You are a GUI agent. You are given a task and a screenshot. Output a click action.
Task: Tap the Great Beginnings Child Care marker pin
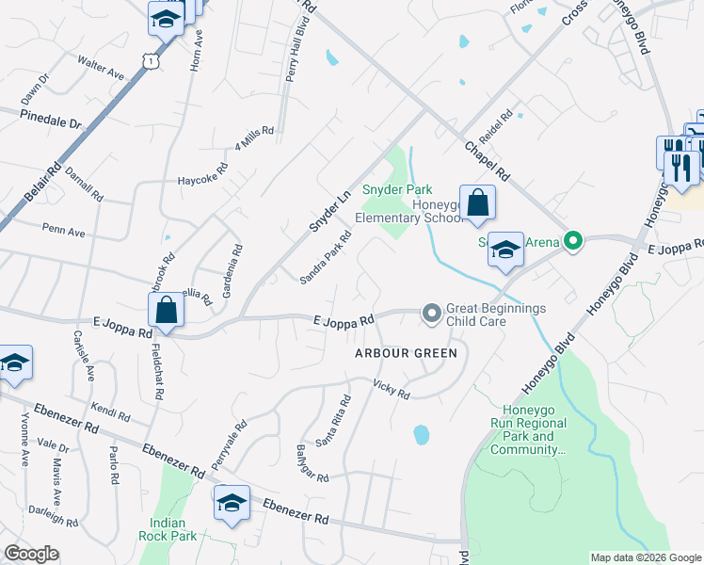[x=432, y=313]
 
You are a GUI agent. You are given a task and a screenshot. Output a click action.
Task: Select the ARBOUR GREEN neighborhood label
[x=406, y=353]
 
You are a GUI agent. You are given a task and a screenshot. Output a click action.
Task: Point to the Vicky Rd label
[x=392, y=388]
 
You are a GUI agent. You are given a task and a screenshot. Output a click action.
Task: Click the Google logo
[x=31, y=554]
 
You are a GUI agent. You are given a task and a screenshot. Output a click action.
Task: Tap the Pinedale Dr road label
[x=52, y=119]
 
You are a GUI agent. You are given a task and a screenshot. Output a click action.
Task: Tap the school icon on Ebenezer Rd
[x=232, y=504]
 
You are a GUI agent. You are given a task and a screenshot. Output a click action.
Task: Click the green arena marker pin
[x=570, y=242]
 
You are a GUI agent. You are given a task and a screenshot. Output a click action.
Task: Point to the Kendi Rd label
[x=110, y=412]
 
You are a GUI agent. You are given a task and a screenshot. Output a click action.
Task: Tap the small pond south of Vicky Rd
[x=422, y=435]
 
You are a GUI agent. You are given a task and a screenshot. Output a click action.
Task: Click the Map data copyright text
[x=645, y=557]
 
